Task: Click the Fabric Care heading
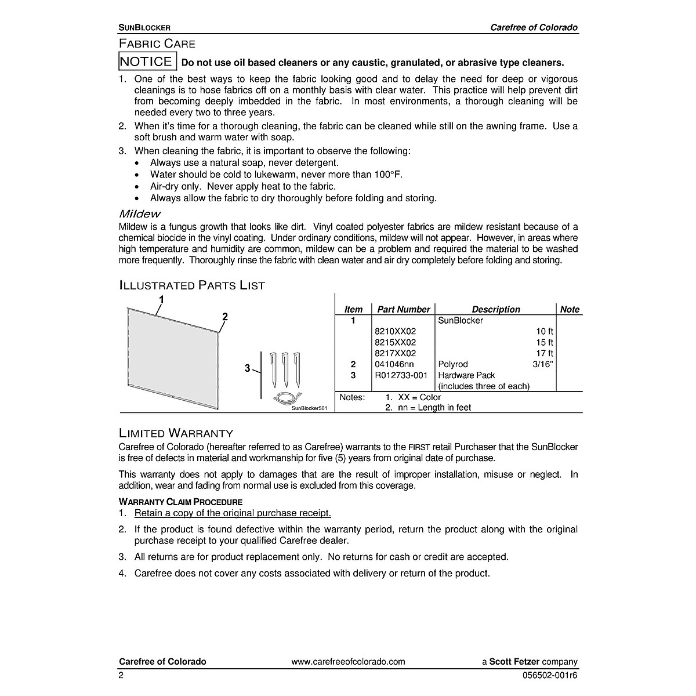coord(157,43)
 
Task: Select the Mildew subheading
coord(140,215)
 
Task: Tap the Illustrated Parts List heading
coord(192,285)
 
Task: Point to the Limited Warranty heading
coord(176,433)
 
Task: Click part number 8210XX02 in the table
coord(396,331)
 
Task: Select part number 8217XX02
coord(396,353)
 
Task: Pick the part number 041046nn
coord(394,364)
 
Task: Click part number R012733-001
coord(401,375)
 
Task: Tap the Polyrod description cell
coord(453,364)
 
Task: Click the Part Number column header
coord(404,310)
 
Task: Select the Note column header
coord(570,310)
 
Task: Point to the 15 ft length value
coord(545,342)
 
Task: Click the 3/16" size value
coord(543,364)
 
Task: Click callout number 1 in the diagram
coord(161,300)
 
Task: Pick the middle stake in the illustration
coord(285,369)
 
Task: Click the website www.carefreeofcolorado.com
coord(348,662)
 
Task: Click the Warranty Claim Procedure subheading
coord(180,502)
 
